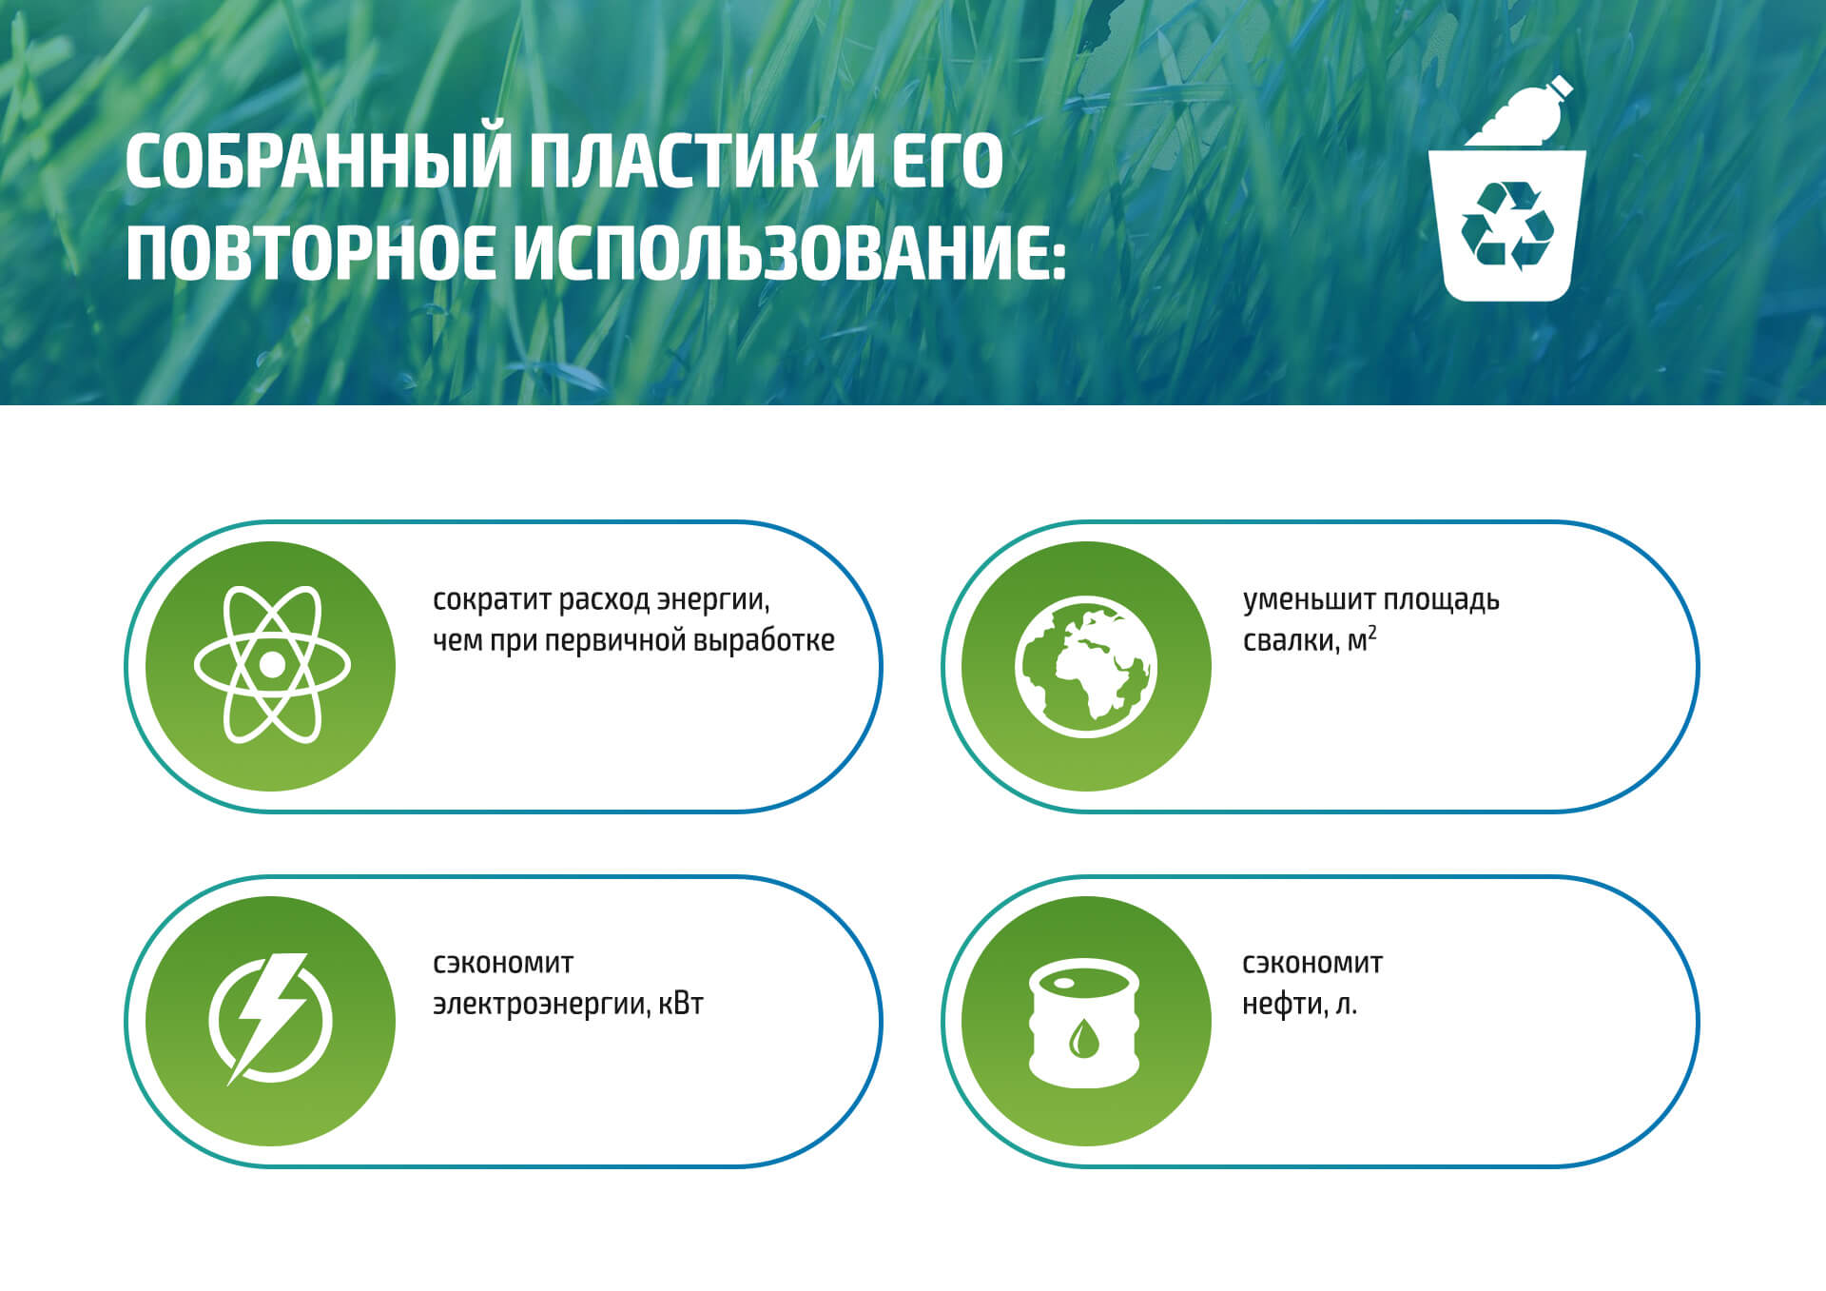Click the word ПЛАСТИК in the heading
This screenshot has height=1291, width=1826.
click(672, 162)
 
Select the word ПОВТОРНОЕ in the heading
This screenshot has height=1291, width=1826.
click(310, 254)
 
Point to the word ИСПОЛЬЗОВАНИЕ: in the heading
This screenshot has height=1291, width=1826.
click(789, 254)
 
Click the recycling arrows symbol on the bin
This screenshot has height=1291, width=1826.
click(1507, 225)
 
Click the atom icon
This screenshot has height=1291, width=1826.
click(272, 664)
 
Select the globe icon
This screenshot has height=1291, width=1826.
click(1086, 667)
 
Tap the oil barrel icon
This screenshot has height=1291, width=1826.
click(1084, 1022)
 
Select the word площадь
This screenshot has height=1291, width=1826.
click(1440, 601)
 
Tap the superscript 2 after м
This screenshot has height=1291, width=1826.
click(1372, 632)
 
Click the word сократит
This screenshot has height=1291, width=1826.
click(491, 600)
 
